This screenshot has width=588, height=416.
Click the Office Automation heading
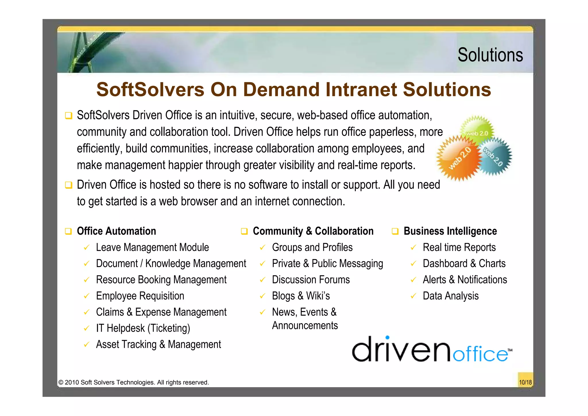(116, 231)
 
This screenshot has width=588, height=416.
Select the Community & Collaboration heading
(313, 231)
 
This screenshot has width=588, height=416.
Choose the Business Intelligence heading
(450, 231)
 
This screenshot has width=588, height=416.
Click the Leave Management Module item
(152, 248)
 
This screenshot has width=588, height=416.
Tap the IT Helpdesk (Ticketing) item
(143, 328)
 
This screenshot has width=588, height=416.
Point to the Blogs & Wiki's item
(301, 296)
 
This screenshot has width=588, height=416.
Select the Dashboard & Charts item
(464, 264)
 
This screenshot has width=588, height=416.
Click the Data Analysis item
(450, 296)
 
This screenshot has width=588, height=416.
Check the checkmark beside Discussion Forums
(262, 280)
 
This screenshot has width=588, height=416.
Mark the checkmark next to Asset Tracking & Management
(86, 344)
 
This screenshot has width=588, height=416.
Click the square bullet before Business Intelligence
(395, 231)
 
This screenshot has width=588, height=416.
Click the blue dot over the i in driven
(387, 338)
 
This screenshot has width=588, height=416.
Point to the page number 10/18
(525, 382)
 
